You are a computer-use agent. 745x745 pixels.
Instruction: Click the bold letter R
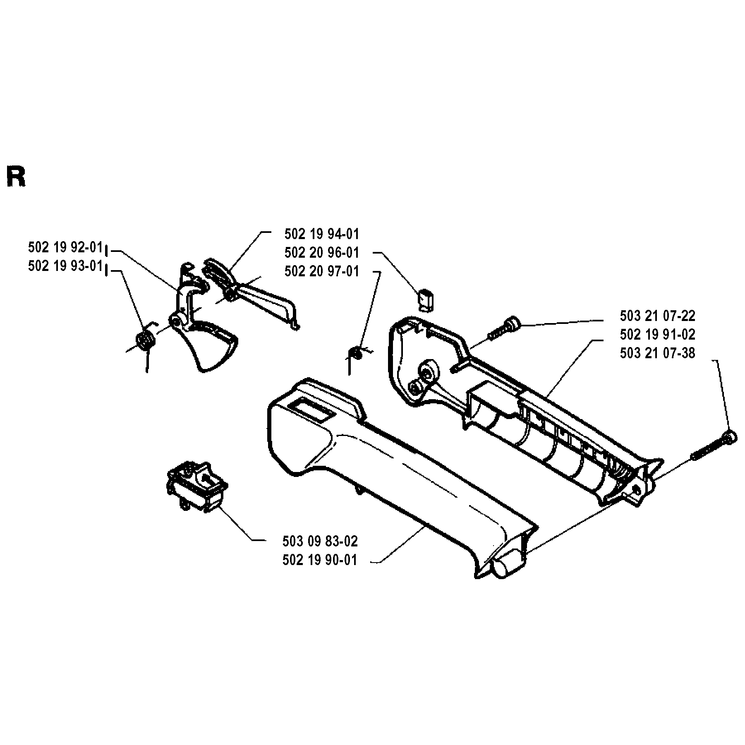coord(16,177)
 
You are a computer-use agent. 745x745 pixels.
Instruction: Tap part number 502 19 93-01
coord(65,266)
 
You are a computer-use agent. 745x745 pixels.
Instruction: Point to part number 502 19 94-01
coord(322,234)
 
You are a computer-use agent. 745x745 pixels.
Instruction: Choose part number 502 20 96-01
coord(322,252)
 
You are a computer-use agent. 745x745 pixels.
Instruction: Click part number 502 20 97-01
coord(322,271)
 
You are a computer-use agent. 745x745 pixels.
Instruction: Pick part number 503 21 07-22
coord(658,316)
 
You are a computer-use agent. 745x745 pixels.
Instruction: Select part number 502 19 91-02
coord(658,334)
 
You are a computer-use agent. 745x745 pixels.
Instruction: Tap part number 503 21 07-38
coord(658,353)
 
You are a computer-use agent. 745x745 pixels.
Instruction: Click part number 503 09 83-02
coord(320,541)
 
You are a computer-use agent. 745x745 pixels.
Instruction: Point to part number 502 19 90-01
coord(320,560)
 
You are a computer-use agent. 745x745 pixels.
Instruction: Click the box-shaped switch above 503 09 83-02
coord(197,485)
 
